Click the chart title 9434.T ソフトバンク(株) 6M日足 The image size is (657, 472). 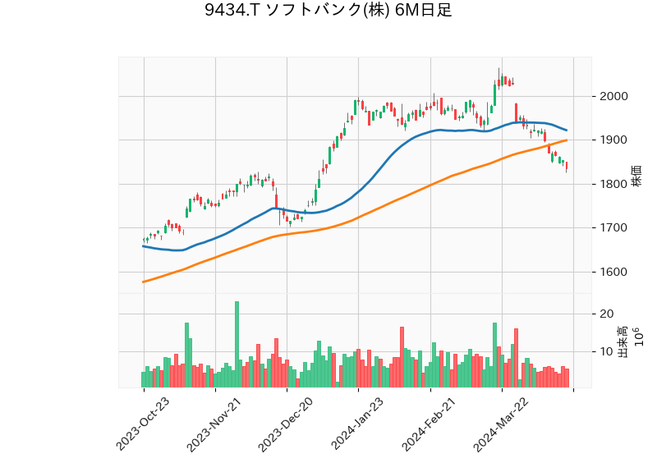click(x=328, y=11)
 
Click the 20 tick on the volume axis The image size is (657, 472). click(x=608, y=314)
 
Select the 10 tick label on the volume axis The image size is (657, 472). click(x=608, y=351)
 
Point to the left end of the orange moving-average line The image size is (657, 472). click(x=144, y=282)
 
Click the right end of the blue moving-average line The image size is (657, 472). click(x=567, y=131)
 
